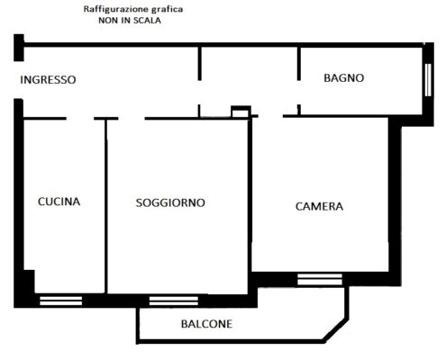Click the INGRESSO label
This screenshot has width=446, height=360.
(48, 80)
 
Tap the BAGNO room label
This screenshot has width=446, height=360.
(344, 78)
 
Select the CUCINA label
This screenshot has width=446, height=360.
(59, 202)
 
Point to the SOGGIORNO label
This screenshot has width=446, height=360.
(170, 202)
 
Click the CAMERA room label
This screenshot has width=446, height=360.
(319, 206)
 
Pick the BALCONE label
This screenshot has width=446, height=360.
(206, 324)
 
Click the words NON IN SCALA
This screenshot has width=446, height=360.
(130, 21)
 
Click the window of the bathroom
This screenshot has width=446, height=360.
(428, 80)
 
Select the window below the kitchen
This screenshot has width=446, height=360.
(61, 301)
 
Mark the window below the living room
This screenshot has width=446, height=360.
(174, 301)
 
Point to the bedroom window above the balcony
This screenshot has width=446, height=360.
(320, 279)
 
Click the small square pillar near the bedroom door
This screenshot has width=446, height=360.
(241, 112)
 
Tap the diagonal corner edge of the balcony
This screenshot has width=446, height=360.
(337, 330)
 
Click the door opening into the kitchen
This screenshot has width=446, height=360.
(80, 119)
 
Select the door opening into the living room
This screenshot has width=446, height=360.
(132, 119)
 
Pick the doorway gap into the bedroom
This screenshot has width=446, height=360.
(270, 116)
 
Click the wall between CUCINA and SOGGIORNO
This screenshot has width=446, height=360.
(105, 206)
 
